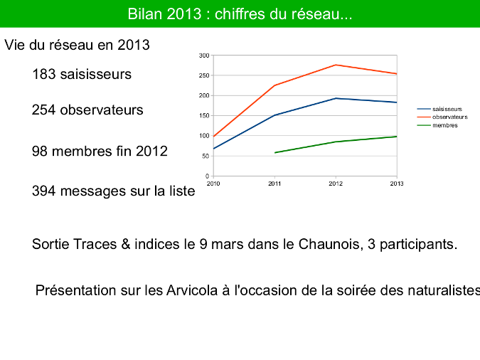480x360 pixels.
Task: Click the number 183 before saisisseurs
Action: click(44, 75)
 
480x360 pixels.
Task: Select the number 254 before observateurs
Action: click(44, 110)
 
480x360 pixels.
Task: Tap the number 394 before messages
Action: click(44, 191)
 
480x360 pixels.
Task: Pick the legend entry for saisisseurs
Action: click(439, 109)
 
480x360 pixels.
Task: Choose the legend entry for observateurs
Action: click(442, 117)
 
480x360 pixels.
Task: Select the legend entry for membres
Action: click(437, 125)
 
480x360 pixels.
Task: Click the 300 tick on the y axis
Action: click(204, 55)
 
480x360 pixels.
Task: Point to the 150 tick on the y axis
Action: click(204, 116)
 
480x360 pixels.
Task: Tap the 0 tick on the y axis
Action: click(207, 176)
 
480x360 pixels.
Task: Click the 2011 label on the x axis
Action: click(274, 184)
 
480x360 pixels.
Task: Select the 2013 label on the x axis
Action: click(397, 184)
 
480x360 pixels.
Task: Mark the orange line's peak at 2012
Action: click(336, 65)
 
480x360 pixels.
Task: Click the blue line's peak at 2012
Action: click(336, 98)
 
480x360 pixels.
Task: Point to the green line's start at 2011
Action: click(275, 152)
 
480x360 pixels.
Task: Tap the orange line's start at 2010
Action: click(213, 137)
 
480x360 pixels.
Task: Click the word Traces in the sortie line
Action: click(95, 245)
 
